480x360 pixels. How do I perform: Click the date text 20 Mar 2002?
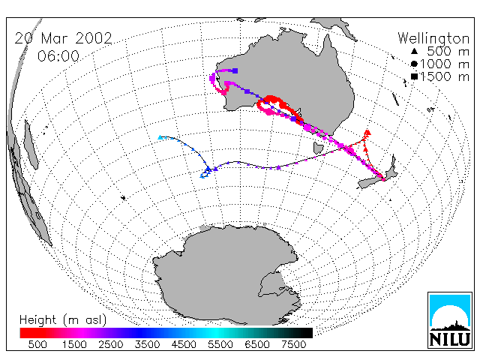coord(63,38)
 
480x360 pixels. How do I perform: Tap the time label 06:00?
coord(58,56)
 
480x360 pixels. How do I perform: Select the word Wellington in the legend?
coord(433,38)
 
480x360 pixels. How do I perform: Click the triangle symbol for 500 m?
coord(414,52)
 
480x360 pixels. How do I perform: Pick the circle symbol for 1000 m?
coord(414,64)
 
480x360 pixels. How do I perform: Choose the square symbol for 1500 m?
coord(414,76)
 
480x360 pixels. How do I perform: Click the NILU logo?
coord(450,320)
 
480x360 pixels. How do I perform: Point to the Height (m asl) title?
coord(63,320)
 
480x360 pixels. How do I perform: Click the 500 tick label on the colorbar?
coord(37,345)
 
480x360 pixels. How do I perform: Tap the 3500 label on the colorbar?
coord(147,345)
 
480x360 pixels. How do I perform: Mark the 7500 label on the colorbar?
coord(293,345)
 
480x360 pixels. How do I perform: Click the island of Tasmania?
coord(318,148)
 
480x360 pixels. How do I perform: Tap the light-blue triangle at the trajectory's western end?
coord(160,137)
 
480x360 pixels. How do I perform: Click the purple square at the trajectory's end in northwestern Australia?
coord(235,70)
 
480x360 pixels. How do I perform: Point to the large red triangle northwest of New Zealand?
coord(367,133)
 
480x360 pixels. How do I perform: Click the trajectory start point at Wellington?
coord(383,179)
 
